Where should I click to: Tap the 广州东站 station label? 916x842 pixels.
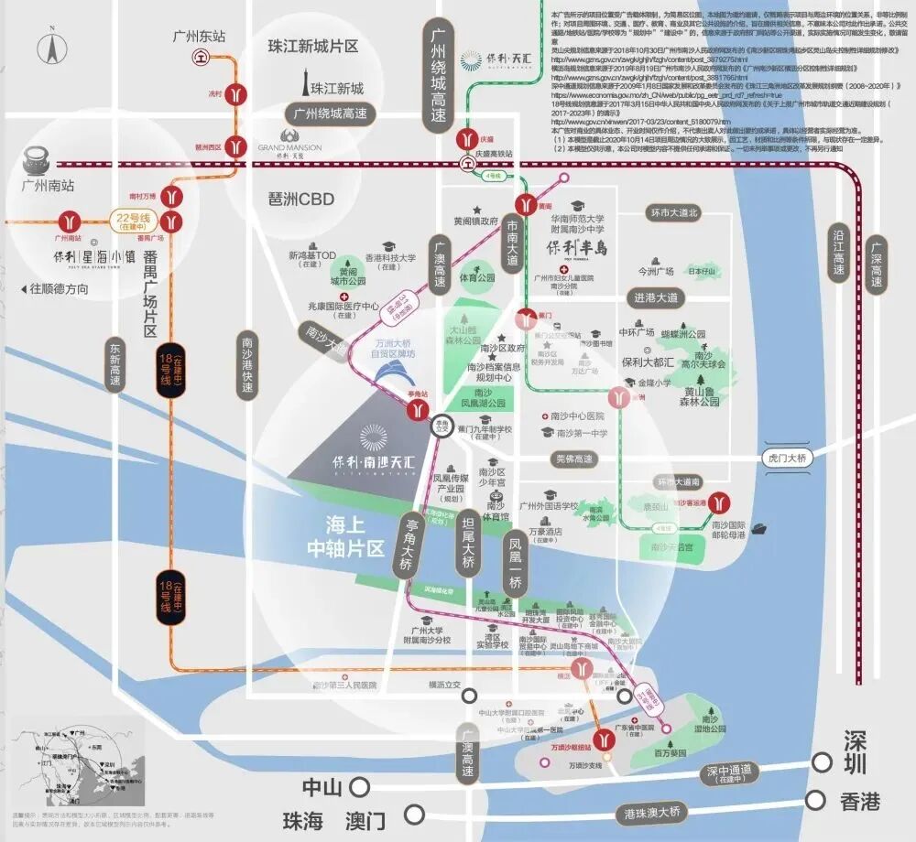coord(199,36)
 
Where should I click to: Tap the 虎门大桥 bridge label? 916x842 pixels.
coord(787,459)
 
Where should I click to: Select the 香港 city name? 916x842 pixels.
coord(860,802)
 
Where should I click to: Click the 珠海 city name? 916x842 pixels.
coord(304,820)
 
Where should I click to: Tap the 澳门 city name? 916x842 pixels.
coord(365,820)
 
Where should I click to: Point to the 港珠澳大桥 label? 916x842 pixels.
coord(651,812)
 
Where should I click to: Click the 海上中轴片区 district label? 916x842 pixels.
coord(343,537)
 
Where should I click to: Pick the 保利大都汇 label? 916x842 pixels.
coord(649,363)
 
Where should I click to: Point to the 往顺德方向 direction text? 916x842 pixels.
coord(60,288)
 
